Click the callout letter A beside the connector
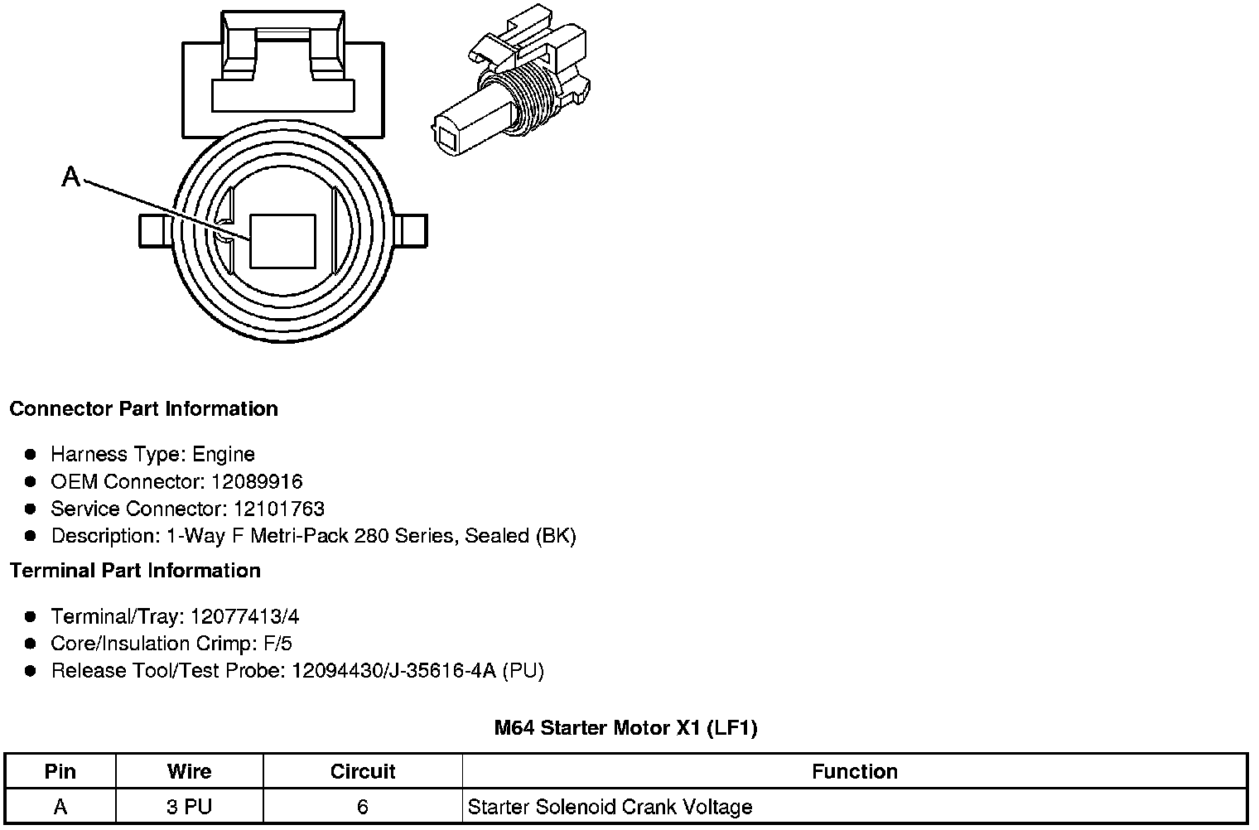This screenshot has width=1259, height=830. click(71, 176)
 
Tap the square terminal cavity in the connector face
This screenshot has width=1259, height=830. click(282, 241)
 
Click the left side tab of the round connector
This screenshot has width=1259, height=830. click(156, 230)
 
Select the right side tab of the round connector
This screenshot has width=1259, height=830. click(411, 230)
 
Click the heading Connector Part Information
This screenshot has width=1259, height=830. click(144, 408)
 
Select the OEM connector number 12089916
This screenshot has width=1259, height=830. click(257, 481)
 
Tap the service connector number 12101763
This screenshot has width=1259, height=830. click(279, 509)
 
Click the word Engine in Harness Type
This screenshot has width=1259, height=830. click(224, 455)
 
